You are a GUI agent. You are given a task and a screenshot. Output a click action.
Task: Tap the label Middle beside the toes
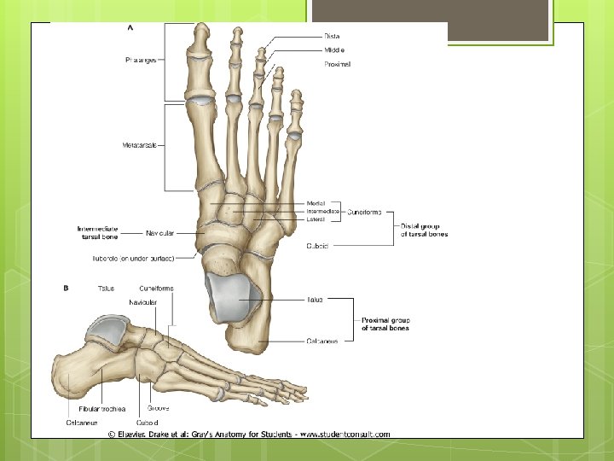tap(333, 50)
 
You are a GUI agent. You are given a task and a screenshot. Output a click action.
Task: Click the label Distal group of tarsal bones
tap(425, 230)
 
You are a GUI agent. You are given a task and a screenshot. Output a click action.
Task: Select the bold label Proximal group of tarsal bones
tap(385, 324)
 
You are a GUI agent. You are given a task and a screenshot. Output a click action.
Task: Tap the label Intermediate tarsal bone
tap(97, 232)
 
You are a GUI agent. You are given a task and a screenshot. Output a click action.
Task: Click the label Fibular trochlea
tap(101, 409)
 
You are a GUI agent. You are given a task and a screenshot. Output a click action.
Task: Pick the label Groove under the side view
tap(158, 408)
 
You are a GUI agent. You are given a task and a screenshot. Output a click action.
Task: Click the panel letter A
tap(130, 27)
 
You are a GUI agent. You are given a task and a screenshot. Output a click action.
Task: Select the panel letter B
tap(67, 289)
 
